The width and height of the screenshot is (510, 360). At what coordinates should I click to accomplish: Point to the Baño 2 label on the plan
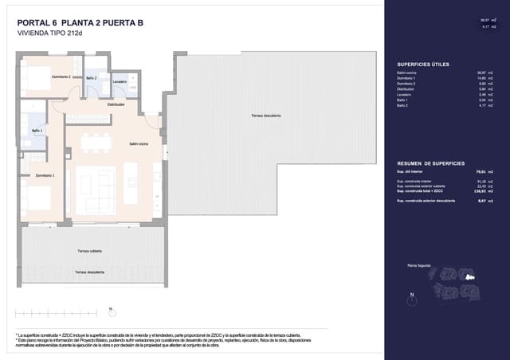click(91, 78)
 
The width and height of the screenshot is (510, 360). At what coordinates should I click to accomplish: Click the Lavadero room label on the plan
click(120, 81)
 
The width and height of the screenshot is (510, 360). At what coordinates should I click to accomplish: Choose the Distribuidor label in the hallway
click(118, 104)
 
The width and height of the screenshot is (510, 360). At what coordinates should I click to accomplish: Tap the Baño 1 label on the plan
click(37, 131)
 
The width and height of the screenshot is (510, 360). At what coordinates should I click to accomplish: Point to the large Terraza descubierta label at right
click(266, 116)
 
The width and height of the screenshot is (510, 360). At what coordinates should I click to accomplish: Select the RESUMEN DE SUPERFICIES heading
click(430, 162)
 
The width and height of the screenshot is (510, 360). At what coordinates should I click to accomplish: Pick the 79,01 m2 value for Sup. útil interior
click(477, 170)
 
